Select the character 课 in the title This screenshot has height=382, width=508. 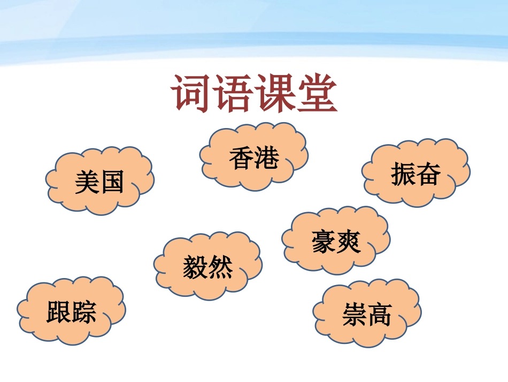click(275, 93)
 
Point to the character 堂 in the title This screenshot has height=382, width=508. click(317, 93)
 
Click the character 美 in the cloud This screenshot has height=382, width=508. click(87, 182)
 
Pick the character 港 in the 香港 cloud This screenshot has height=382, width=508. click(266, 159)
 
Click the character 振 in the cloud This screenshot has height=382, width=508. click(403, 175)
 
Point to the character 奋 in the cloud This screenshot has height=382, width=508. click(428, 175)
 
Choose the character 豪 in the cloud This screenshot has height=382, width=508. click(324, 242)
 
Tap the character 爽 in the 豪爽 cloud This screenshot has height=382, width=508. click(349, 242)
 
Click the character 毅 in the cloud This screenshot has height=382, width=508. click(195, 267)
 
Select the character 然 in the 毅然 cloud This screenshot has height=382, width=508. click(220, 267)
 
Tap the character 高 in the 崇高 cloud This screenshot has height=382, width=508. click(380, 314)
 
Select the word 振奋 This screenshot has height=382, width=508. click(416, 175)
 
